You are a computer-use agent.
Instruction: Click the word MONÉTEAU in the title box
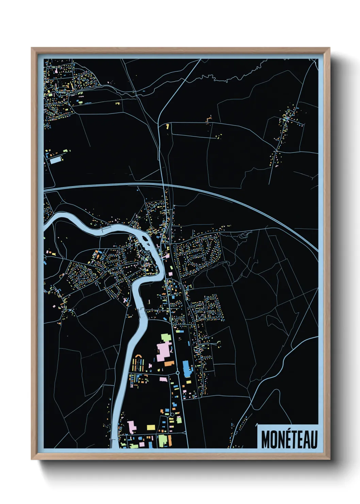[x=289, y=440]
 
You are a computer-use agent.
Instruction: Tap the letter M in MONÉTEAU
[x=265, y=440]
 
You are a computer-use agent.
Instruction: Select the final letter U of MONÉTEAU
[x=314, y=440]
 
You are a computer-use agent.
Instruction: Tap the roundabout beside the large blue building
[x=178, y=373]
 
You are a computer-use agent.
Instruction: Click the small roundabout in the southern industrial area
[x=173, y=414]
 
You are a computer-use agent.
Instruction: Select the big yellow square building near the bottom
[x=151, y=427]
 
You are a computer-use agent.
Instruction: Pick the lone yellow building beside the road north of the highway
[x=167, y=126]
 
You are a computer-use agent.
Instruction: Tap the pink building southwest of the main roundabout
[x=164, y=379]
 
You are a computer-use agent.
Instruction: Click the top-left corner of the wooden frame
[x=32, y=48]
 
